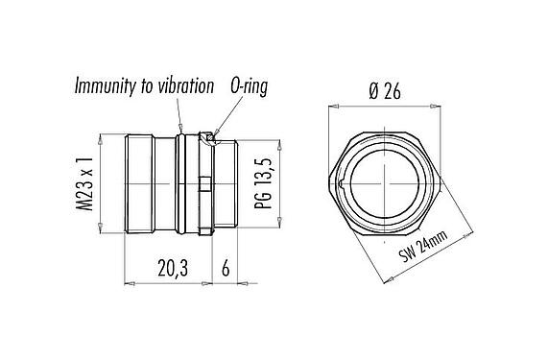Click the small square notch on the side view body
[x=203, y=183]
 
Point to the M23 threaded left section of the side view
[x=149, y=183]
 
